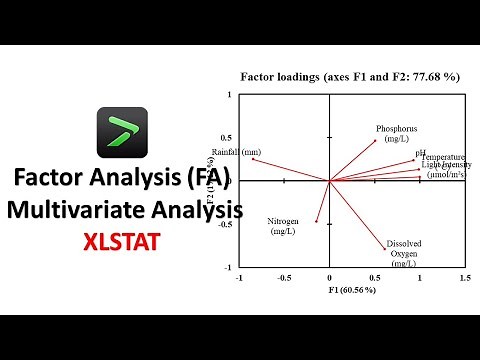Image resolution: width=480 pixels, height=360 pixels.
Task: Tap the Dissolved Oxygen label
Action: point(406,252)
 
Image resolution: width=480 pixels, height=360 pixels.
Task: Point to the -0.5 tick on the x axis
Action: point(284,277)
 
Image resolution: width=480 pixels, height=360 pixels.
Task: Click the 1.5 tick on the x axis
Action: point(464,277)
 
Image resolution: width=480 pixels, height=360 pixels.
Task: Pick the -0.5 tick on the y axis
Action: point(226,224)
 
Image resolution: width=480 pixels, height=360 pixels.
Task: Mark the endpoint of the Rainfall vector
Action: point(252,158)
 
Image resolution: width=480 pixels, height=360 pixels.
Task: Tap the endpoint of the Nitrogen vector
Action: point(317,221)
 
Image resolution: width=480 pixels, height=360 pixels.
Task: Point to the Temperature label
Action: point(444,157)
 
